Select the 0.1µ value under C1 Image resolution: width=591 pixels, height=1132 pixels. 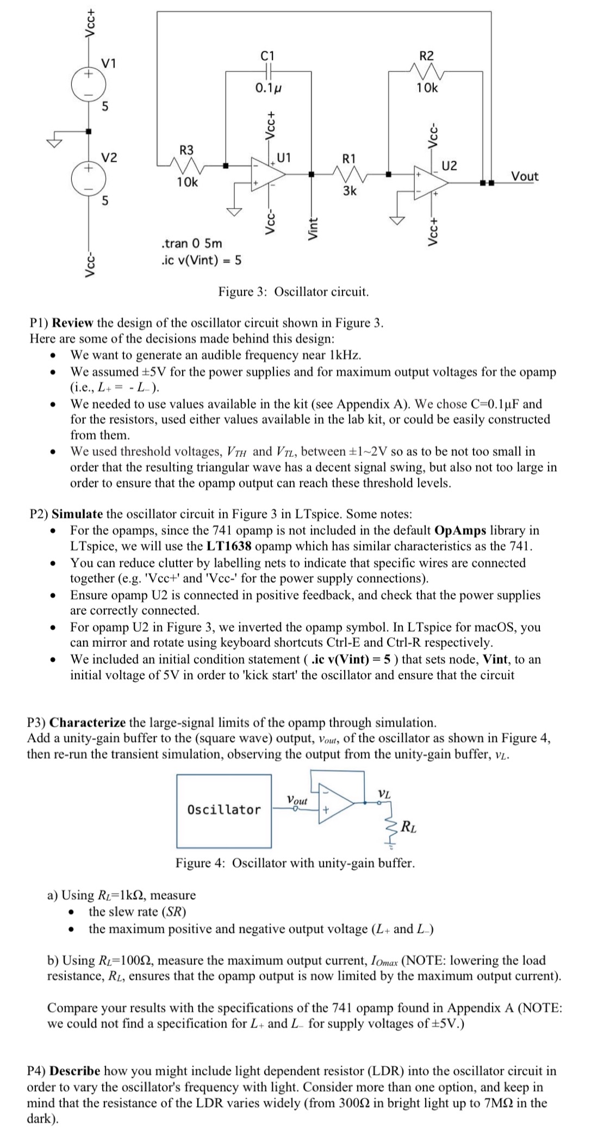click(269, 88)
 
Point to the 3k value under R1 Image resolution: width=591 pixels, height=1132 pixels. click(350, 191)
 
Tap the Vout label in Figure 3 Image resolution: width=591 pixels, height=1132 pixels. click(525, 176)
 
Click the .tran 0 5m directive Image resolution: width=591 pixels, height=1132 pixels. click(192, 243)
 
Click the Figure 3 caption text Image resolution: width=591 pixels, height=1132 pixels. click(294, 292)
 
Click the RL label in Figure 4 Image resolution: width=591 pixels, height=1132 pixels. click(409, 828)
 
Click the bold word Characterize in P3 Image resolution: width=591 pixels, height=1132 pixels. click(89, 723)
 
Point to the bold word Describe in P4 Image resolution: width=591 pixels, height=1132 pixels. click(75, 1071)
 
